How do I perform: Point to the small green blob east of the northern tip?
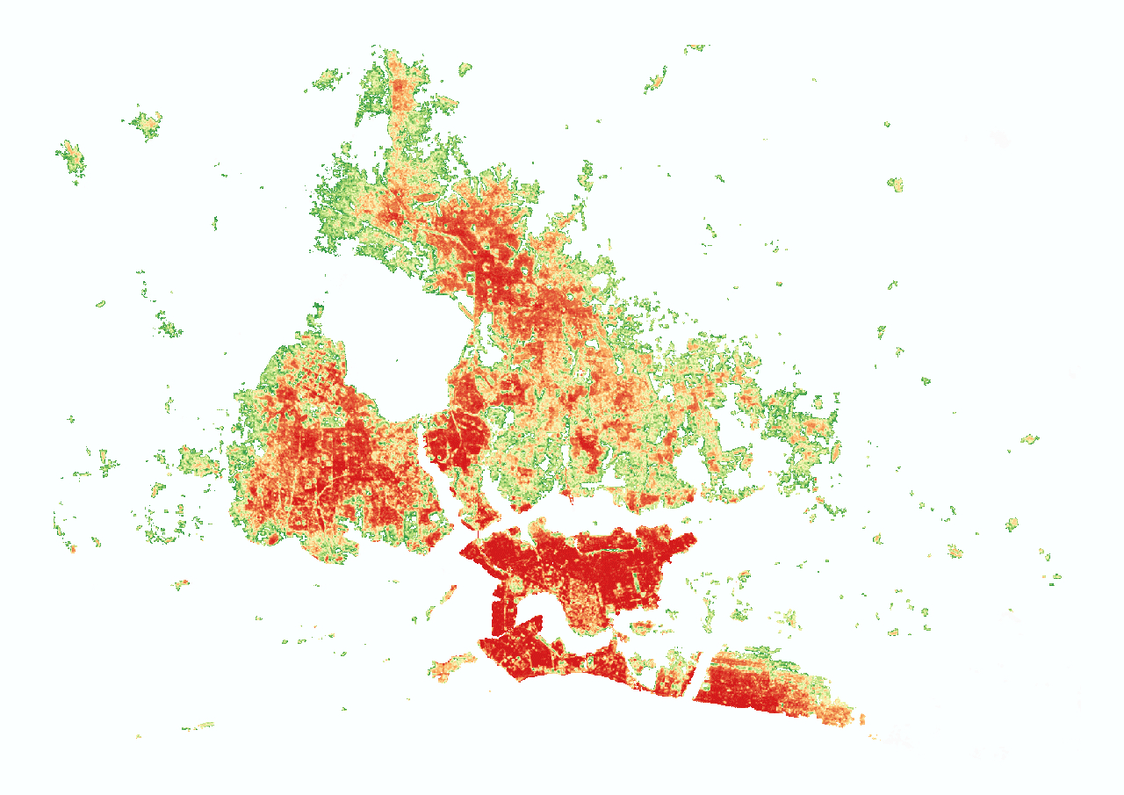464,68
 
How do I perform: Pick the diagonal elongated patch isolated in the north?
655,81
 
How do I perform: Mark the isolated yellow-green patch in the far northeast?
896,184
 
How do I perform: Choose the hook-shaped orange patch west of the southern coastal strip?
450,668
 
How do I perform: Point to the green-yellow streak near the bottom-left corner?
199,726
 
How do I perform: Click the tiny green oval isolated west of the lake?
100,304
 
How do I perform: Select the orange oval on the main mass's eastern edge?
836,450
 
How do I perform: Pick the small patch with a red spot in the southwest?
182,582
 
